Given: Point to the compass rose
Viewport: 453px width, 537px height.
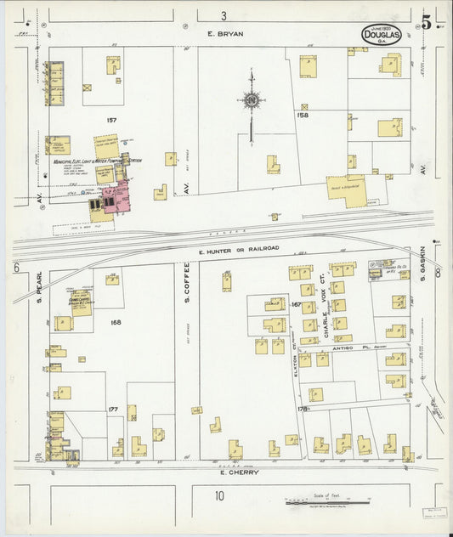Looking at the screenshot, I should tap(252, 101).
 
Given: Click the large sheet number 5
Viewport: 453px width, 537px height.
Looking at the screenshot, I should tap(427, 23).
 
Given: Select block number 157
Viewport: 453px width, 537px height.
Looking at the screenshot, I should tap(110, 120).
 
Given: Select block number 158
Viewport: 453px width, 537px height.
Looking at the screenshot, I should tap(303, 114).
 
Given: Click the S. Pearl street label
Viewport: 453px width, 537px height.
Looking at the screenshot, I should tap(39, 289).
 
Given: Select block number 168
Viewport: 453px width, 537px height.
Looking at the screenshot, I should tap(116, 322).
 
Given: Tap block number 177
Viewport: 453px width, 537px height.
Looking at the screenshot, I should tap(112, 409).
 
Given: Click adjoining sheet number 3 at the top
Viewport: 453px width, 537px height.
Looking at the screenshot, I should tap(224, 15).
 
